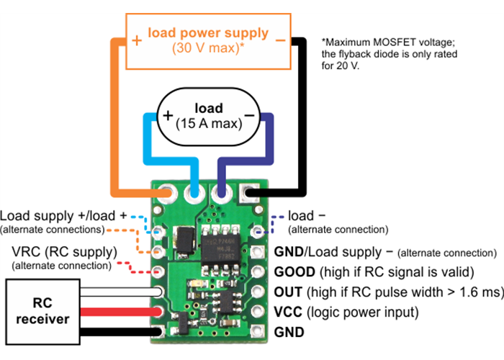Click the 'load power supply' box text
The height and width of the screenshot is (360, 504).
coord(207,33)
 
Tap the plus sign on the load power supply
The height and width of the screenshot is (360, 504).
coord(137,41)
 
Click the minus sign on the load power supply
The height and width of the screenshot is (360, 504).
coord(280,41)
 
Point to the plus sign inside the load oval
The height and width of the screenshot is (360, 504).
coord(167,116)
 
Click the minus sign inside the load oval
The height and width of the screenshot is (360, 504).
coord(250,115)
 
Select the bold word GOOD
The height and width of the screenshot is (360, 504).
coord(295,272)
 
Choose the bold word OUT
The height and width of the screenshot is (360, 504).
coord(289,292)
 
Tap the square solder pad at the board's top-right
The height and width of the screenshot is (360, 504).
coord(249,194)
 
